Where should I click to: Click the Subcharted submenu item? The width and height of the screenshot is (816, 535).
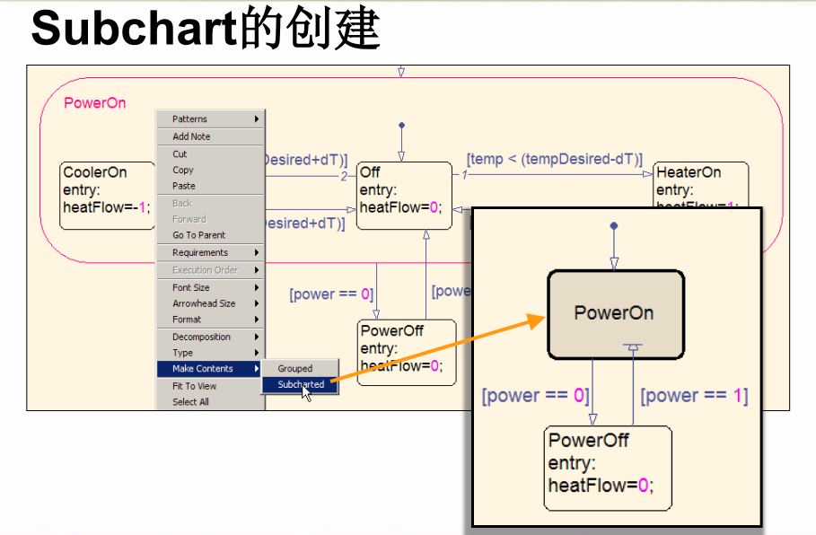301,384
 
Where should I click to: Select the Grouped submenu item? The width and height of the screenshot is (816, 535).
295,368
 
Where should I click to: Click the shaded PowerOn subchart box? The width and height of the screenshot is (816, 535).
615,313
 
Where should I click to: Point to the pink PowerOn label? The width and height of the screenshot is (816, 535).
95,103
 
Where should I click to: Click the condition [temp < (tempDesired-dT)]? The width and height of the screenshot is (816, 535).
555,159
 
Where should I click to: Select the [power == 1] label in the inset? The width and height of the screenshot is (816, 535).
693,396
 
